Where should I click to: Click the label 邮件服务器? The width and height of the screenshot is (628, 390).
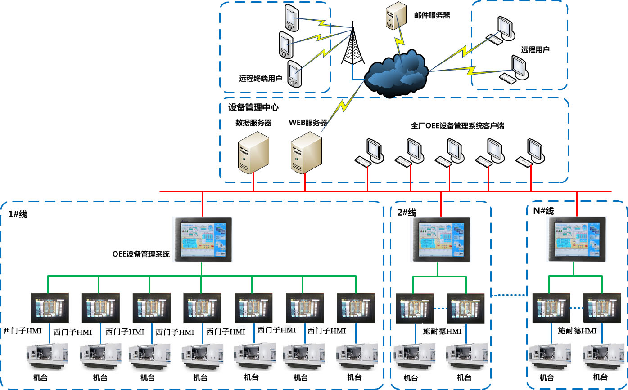click(x=432, y=16)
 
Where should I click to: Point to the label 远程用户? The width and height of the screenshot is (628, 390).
click(x=535, y=49)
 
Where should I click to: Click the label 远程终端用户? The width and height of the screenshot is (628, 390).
click(x=260, y=79)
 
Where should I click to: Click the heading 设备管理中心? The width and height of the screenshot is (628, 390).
click(x=253, y=107)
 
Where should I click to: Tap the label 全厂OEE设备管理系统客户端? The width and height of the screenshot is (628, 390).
click(x=457, y=126)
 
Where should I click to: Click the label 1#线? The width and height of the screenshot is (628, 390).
click(x=18, y=215)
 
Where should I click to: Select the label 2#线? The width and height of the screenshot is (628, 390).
click(x=407, y=213)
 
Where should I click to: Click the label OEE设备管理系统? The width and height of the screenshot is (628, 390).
click(x=141, y=254)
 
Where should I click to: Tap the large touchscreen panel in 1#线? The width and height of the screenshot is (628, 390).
click(x=201, y=238)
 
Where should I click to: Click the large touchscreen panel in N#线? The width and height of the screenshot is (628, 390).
click(x=574, y=239)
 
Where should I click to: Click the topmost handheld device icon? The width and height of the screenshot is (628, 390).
click(x=292, y=18)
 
